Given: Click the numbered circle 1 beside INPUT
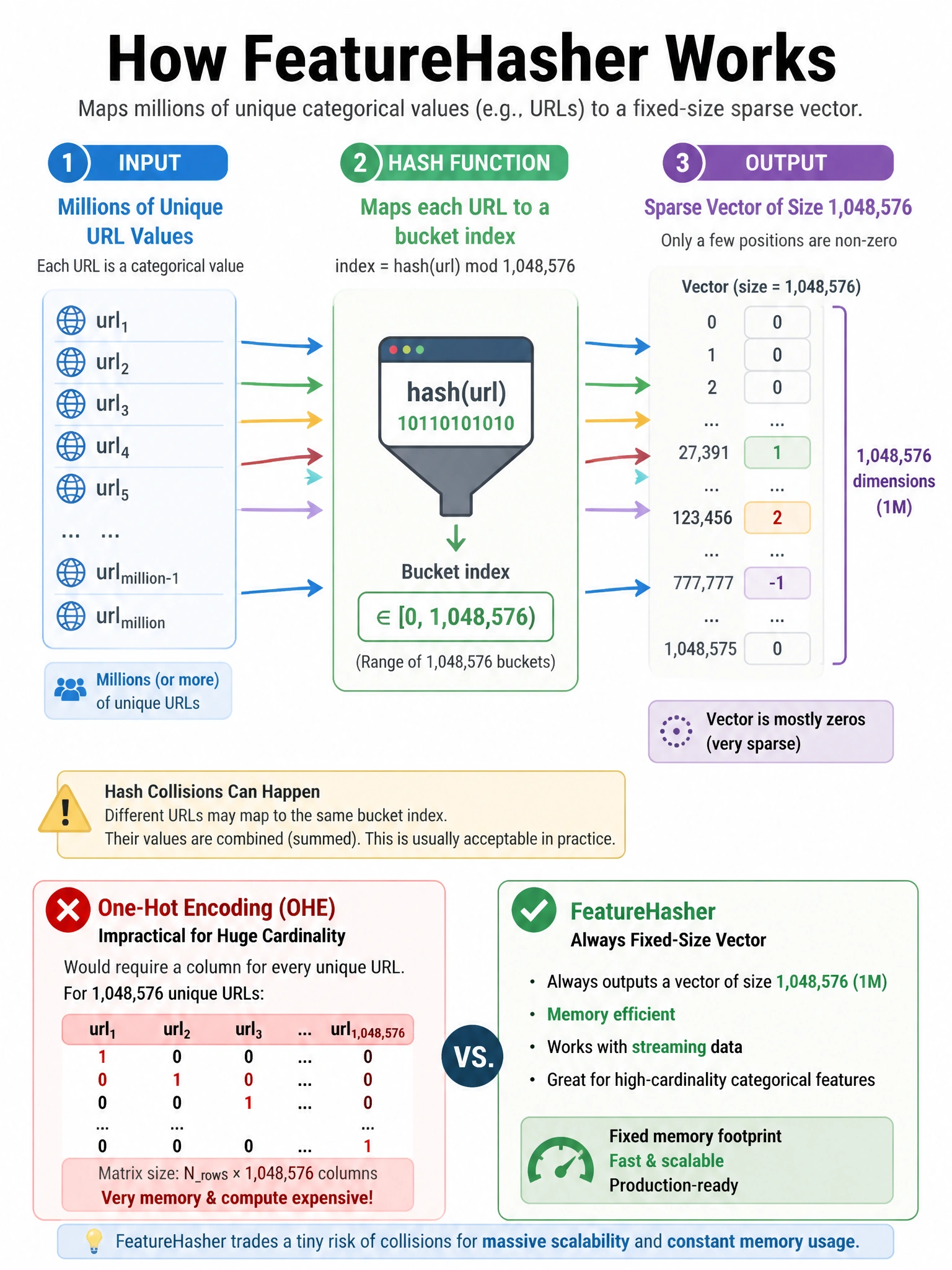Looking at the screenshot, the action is [x=68, y=163].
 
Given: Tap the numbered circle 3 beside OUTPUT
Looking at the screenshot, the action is [x=682, y=163].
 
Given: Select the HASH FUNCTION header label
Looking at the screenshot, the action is [x=469, y=163].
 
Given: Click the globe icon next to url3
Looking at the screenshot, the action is [x=71, y=404].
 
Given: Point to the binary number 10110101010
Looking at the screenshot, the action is [x=456, y=424].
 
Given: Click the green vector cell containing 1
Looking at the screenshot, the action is [x=777, y=453].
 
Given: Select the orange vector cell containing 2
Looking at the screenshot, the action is [x=777, y=518].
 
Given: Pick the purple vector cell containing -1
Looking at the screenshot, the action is [x=777, y=583].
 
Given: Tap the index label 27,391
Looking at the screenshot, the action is [x=703, y=453].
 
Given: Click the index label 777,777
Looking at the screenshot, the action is [x=703, y=583].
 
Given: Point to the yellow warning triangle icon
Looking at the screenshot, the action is [x=65, y=809].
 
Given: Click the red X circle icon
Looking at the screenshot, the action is [x=68, y=910].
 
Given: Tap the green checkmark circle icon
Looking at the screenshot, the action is [x=534, y=910].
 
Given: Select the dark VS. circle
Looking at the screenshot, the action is [x=473, y=1056].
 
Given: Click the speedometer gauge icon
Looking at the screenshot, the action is [x=560, y=1159].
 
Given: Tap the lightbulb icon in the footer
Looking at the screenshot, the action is [x=94, y=1240].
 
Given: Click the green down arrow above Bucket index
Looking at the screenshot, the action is [x=456, y=538].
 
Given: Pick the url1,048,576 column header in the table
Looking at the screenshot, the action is [x=368, y=1031].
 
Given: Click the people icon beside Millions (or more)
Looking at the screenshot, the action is [x=71, y=689].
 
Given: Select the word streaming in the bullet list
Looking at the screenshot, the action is [x=669, y=1047].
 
